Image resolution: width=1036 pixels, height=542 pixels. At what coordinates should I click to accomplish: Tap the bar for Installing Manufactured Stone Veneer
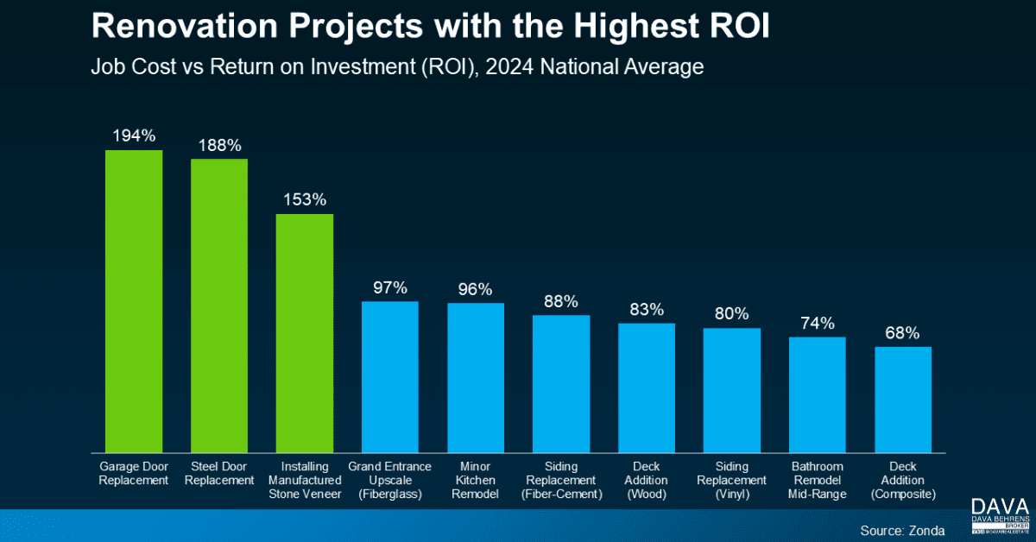pos(305,332)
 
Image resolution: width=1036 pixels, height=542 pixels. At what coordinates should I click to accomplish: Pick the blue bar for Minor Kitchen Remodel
pos(476,377)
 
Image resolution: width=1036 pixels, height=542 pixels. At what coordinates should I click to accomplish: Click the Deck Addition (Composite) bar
pos(903,399)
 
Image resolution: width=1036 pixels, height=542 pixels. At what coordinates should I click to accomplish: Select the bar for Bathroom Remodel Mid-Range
pos(818,394)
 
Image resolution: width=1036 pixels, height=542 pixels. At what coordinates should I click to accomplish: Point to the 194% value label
pos(134,135)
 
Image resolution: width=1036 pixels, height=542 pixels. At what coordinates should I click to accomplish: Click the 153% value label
pos(305,199)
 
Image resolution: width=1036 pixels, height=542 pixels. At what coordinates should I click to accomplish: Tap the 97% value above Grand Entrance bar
pos(390,287)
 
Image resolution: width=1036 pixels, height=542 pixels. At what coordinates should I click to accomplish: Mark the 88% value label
pos(561,301)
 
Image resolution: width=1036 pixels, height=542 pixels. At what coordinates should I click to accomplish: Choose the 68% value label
pos(903,332)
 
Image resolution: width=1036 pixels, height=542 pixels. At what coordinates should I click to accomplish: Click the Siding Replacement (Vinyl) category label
pos(732,480)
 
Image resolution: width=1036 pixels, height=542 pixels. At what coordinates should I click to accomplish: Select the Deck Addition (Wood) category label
pos(647,480)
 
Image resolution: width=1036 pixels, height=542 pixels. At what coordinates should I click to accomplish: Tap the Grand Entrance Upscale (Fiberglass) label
pos(390,480)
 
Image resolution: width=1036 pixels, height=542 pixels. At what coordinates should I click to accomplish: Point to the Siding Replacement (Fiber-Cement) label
pos(561,480)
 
